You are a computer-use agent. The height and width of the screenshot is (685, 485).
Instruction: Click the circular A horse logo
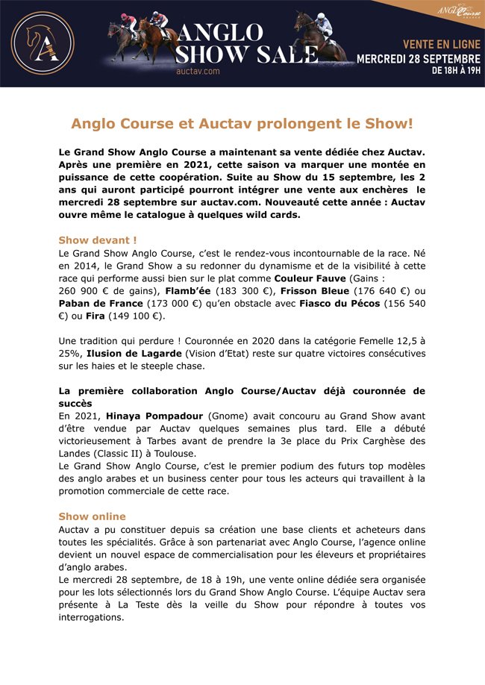pyautogui.click(x=43, y=43)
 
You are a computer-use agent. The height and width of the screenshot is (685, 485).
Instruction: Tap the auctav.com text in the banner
pyautogui.click(x=198, y=71)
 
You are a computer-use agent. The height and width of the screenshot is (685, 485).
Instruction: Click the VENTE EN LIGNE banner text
pyautogui.click(x=442, y=45)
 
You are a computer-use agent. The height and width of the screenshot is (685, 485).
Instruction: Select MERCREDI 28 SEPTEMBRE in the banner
pyautogui.click(x=418, y=58)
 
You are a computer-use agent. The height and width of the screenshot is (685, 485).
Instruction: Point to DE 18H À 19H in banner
pyautogui.click(x=456, y=72)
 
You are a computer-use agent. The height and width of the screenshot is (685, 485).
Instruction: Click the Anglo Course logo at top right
pyautogui.click(x=457, y=13)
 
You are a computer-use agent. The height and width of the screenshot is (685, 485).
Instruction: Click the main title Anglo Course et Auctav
pyautogui.click(x=242, y=122)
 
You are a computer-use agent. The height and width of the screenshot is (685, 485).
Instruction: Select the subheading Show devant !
pyautogui.click(x=98, y=240)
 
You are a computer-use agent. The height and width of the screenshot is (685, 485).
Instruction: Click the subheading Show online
pyautogui.click(x=92, y=516)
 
